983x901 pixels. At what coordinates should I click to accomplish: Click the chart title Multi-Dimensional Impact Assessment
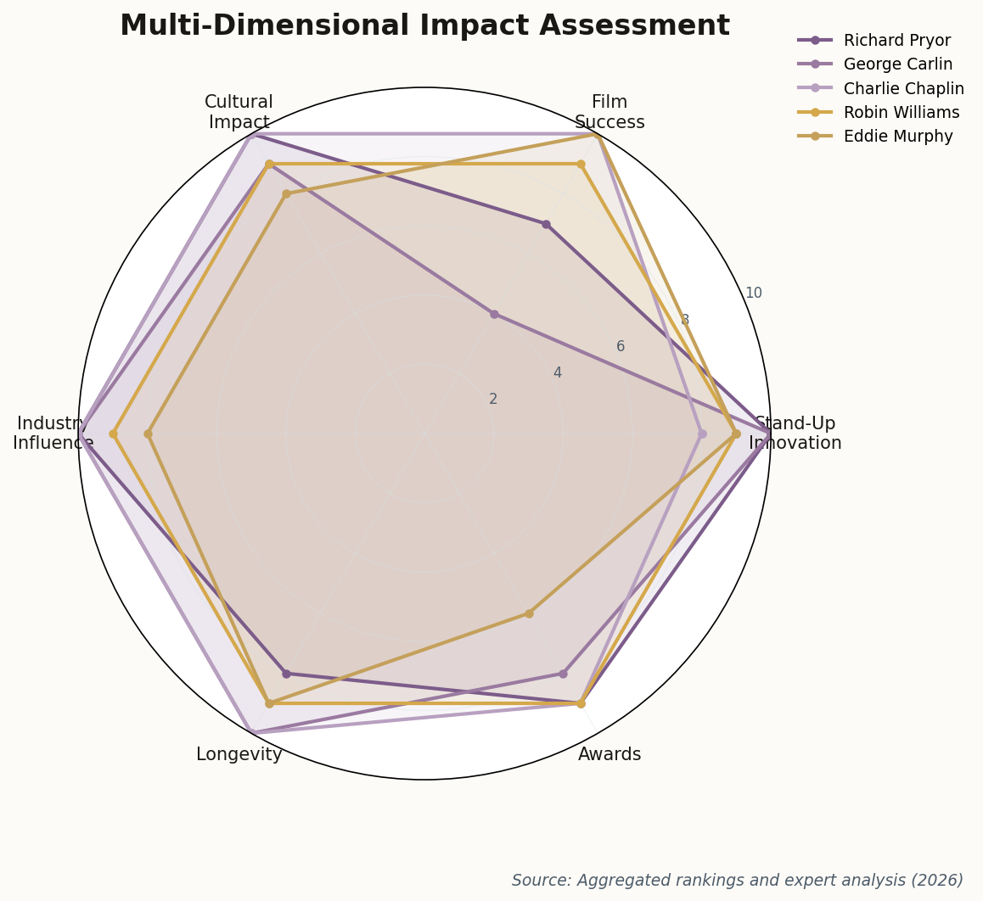[424, 26]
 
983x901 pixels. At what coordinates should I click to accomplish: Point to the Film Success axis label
[609, 113]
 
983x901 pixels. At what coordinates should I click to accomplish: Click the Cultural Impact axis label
[239, 113]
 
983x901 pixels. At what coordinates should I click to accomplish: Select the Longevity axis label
[239, 755]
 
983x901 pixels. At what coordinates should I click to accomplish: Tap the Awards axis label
[609, 755]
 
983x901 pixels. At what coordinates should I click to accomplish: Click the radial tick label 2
[493, 400]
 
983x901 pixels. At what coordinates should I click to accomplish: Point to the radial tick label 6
[621, 347]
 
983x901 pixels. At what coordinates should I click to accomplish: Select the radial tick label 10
[753, 294]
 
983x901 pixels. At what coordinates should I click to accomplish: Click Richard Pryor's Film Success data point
[546, 225]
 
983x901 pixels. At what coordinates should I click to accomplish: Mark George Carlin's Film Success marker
[494, 315]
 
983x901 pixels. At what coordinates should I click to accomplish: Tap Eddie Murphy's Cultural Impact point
[286, 194]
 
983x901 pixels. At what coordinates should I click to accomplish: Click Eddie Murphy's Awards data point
[529, 613]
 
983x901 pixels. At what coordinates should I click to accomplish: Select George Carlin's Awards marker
[563, 674]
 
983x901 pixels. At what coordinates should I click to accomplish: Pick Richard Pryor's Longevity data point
[286, 674]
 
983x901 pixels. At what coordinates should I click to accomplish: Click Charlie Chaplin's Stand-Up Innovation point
[702, 434]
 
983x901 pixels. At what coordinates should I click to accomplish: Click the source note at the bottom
[737, 881]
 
